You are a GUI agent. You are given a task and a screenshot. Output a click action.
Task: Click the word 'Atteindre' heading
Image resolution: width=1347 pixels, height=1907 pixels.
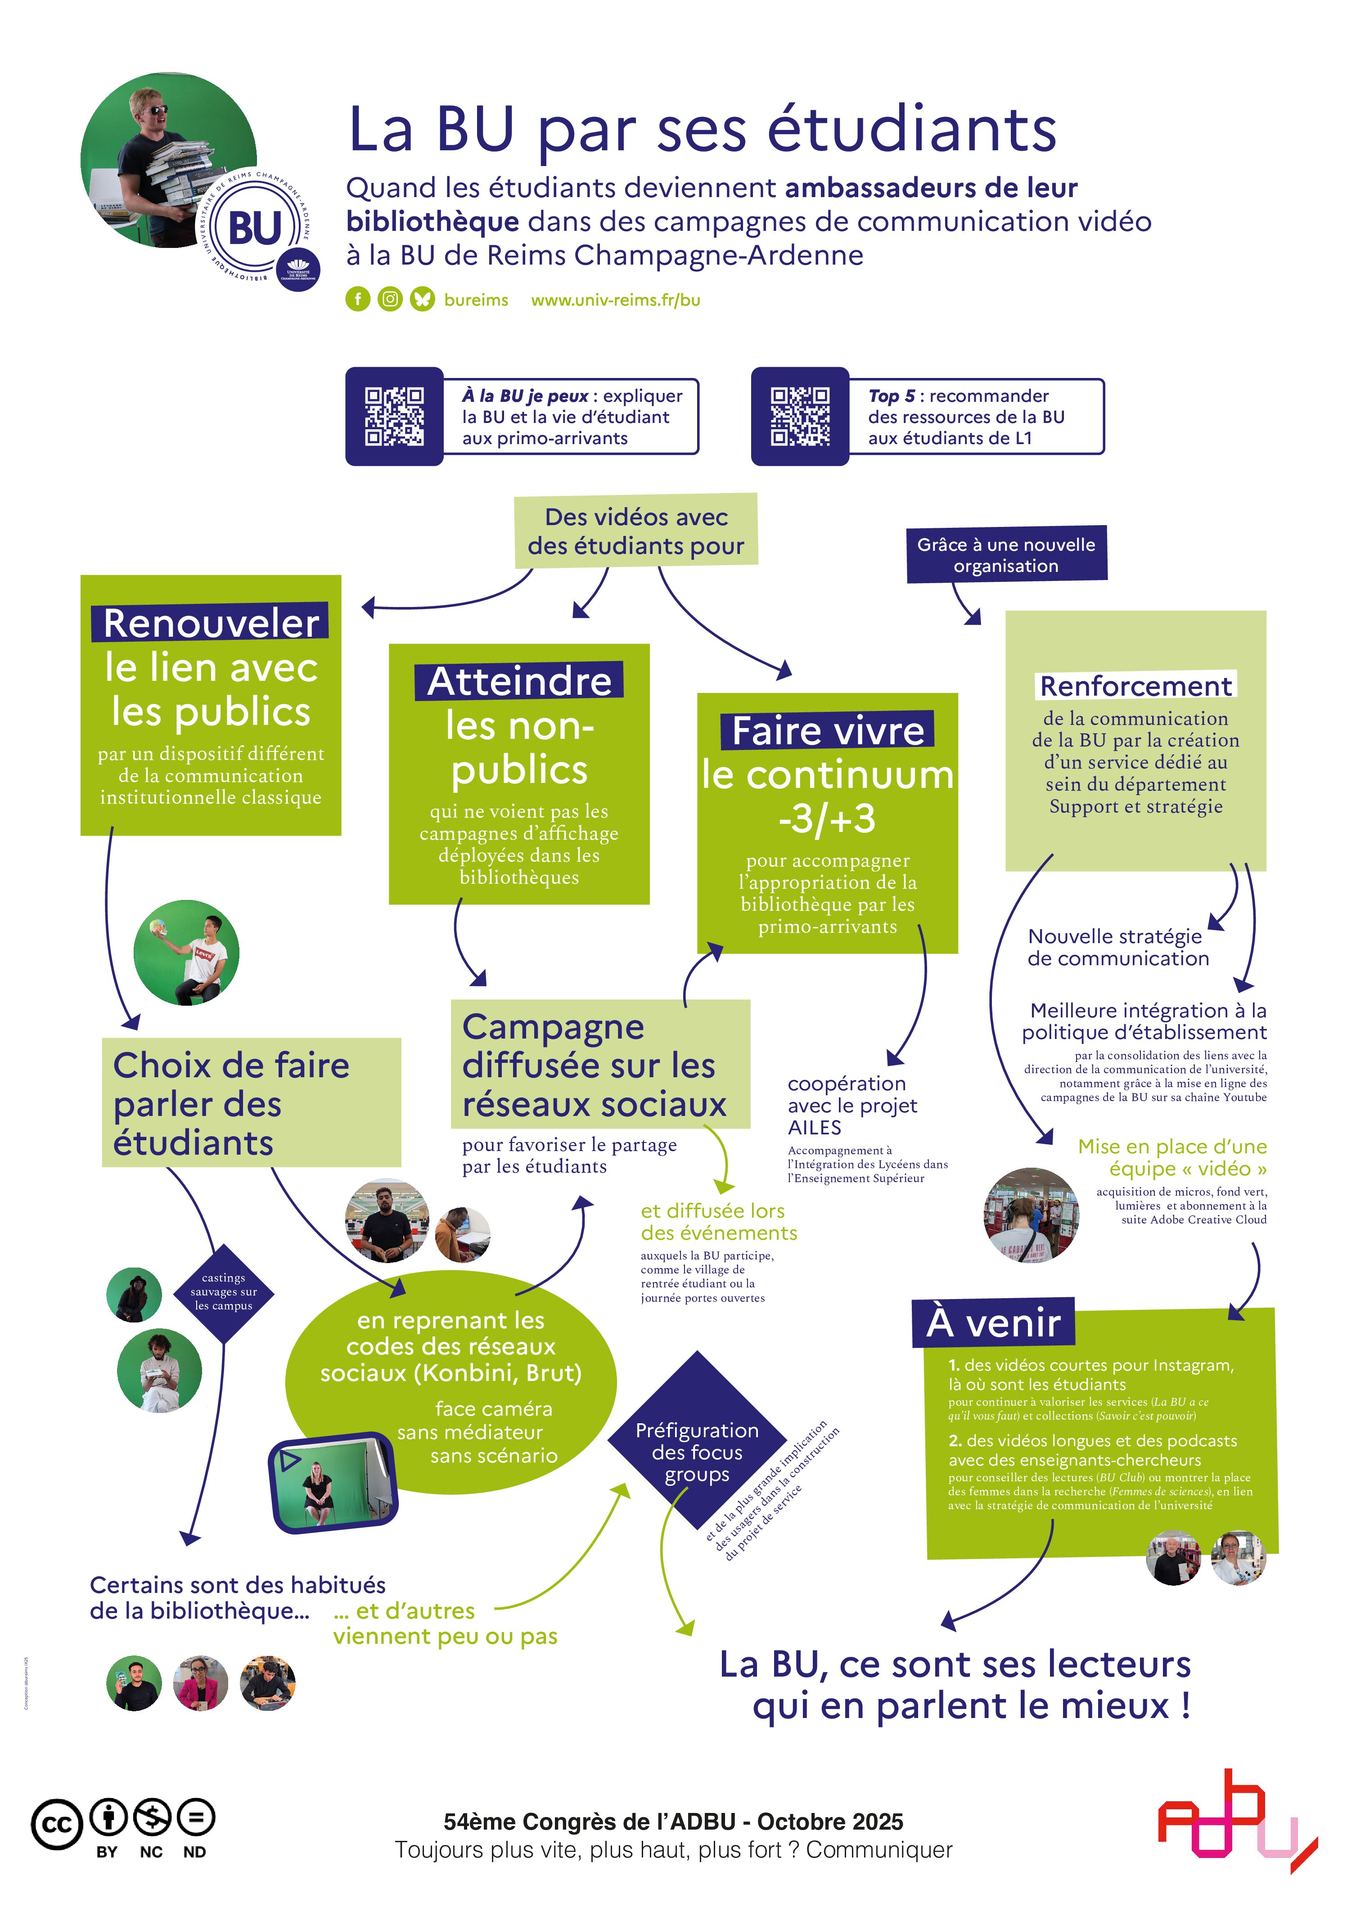pyautogui.click(x=519, y=681)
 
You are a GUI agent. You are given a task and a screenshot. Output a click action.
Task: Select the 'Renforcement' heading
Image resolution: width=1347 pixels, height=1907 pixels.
pyautogui.click(x=1135, y=686)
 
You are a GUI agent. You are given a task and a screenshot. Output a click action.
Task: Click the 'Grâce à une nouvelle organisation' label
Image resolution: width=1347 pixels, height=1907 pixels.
pyautogui.click(x=1006, y=555)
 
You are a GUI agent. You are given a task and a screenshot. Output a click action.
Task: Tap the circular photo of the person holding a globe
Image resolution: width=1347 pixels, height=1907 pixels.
pyautogui.click(x=186, y=953)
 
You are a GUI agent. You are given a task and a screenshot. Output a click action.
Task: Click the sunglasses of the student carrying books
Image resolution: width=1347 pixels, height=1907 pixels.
pyautogui.click(x=153, y=110)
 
